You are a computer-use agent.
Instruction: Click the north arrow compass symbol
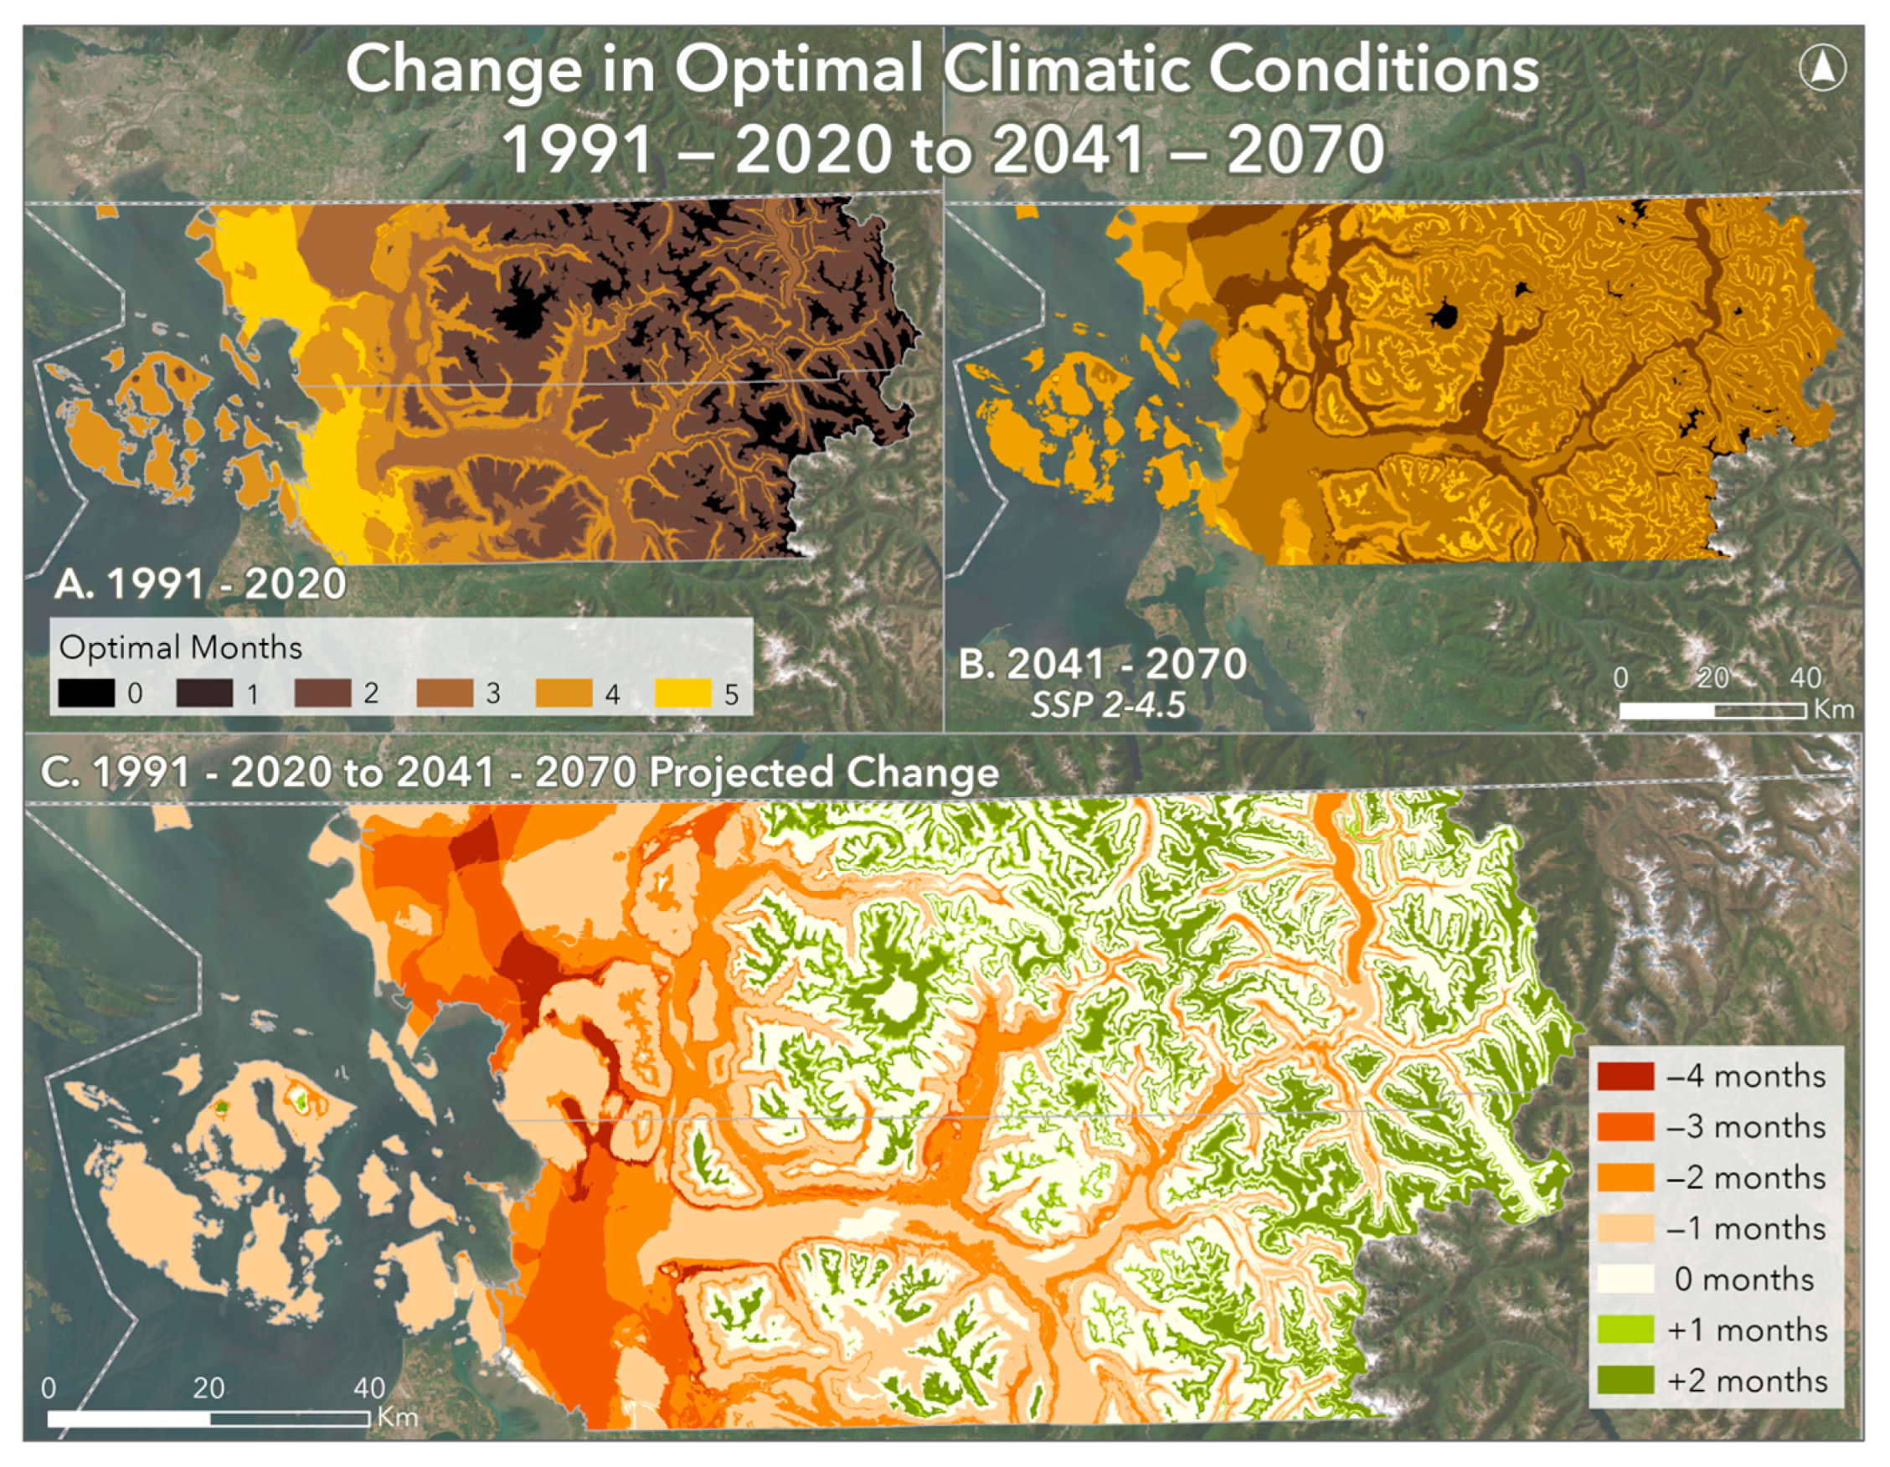coord(1821,68)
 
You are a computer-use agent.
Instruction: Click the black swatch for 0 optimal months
coord(86,692)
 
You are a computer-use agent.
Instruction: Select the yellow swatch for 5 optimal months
coord(682,692)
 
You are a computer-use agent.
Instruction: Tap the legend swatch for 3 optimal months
coord(444,692)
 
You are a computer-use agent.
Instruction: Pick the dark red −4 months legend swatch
coord(1625,1076)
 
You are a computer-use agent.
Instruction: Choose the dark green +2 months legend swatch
coord(1625,1380)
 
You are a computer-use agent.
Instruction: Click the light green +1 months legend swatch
coord(1625,1330)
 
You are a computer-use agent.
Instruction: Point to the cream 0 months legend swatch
coord(1625,1279)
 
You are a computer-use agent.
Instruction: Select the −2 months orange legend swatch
coord(1625,1177)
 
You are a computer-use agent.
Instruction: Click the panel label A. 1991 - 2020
coord(200,584)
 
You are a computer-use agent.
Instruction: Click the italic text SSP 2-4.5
coord(1108,705)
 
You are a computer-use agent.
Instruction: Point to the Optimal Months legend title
coord(180,647)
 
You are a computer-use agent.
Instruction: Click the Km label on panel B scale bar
coord(1834,709)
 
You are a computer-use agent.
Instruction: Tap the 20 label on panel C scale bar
coord(209,1387)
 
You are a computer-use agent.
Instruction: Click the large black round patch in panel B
coord(1443,315)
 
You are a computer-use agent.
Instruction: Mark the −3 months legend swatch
coord(1625,1126)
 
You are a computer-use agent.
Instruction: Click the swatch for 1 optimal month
coord(204,692)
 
